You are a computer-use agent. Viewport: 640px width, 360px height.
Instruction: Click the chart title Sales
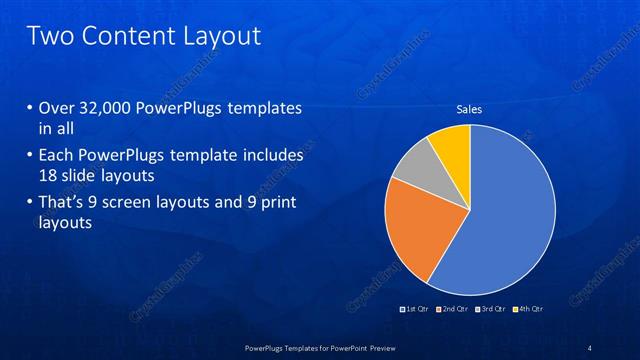[469, 110]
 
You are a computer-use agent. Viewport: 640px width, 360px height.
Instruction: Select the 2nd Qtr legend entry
[452, 309]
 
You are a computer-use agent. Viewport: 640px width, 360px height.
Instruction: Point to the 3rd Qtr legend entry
[491, 309]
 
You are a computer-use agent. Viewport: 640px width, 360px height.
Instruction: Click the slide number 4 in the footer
[589, 348]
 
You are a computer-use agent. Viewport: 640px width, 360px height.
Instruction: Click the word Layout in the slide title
[222, 37]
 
